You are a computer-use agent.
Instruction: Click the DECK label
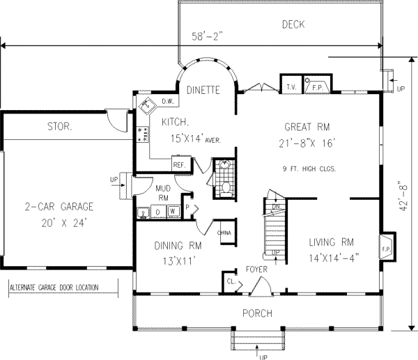coord(296,24)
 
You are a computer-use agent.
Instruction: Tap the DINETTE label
coord(204,90)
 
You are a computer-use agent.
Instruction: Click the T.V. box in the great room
coord(291,87)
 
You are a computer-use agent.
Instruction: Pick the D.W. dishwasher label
coord(167,102)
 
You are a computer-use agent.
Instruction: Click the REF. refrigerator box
coord(178,165)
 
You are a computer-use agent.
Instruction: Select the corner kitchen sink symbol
coord(147,106)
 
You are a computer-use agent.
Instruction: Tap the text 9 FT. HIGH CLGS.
coord(307,169)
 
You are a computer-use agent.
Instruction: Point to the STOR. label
coord(60,127)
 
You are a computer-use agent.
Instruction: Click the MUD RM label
coord(162,192)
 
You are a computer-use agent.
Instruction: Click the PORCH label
coord(256,313)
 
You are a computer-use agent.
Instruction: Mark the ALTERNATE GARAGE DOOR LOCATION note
coord(54,287)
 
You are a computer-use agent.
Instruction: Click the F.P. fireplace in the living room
coord(385,247)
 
